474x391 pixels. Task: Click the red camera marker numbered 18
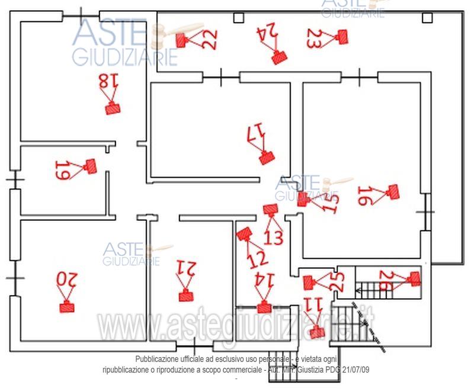pyautogui.click(x=113, y=108)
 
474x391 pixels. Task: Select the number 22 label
pyautogui.click(x=209, y=39)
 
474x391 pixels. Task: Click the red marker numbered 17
pyautogui.click(x=267, y=157)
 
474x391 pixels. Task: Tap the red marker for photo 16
pyautogui.click(x=392, y=191)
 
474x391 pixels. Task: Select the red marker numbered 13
pyautogui.click(x=271, y=210)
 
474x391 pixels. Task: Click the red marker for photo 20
pyautogui.click(x=66, y=307)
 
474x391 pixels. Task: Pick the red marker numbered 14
pyautogui.click(x=264, y=307)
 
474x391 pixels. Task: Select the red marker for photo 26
pyautogui.click(x=415, y=278)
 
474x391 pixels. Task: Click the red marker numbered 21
pyautogui.click(x=186, y=296)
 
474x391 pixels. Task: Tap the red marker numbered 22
pyautogui.click(x=182, y=40)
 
